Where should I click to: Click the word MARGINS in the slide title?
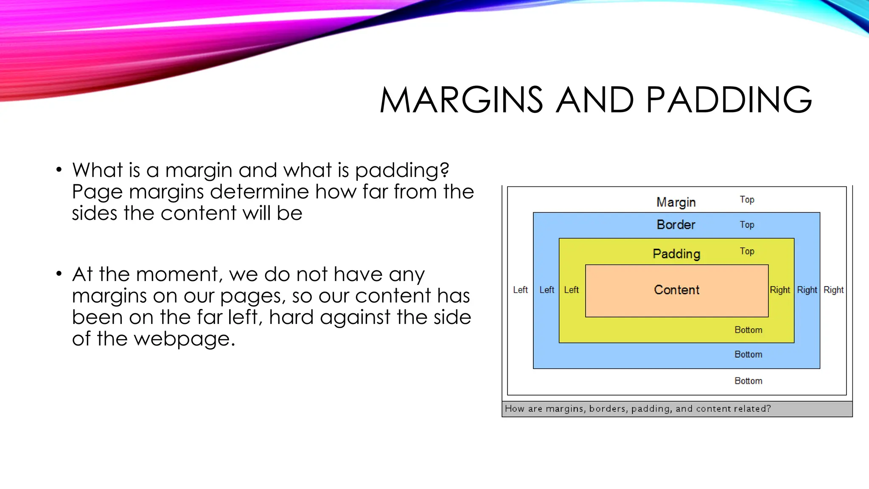coord(461,100)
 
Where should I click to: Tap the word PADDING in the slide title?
coord(729,100)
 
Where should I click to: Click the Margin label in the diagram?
coord(676,202)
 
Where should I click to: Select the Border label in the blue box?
coord(676,225)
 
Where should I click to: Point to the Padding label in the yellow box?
coord(676,254)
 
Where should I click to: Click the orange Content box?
coord(676,290)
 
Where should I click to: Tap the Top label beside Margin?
coord(747,200)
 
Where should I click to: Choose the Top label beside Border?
coord(747,225)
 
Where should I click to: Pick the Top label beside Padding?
coord(747,251)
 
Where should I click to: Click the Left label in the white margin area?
coord(520,290)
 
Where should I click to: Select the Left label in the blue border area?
coord(547,290)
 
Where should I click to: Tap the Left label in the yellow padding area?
coord(571,290)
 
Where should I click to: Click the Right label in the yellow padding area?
coord(780,290)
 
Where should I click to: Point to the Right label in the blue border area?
coord(807,290)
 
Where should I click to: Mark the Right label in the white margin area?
coord(833,290)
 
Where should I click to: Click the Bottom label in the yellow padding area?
coord(748,330)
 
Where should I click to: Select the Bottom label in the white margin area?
coord(748,381)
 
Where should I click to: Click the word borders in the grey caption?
coord(607,409)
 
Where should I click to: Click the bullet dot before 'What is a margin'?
coord(59,170)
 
